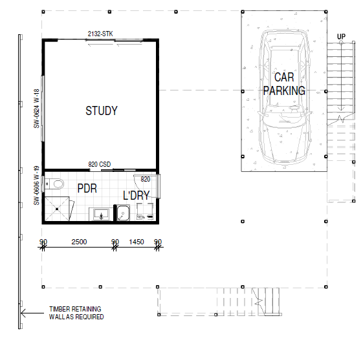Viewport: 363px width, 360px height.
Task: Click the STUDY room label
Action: pyautogui.click(x=102, y=111)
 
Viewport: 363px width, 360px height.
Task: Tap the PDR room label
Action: pyautogui.click(x=87, y=189)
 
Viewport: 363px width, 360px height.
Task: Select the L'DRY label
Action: pyautogui.click(x=136, y=196)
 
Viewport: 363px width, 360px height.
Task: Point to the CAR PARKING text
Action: pyautogui.click(x=284, y=84)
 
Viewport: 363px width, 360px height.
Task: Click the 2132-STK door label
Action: pyautogui.click(x=100, y=34)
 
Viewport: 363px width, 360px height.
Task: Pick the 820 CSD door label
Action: pyautogui.click(x=100, y=164)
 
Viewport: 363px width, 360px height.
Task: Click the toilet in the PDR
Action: pyautogui.click(x=54, y=184)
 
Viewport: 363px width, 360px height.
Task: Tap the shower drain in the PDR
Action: pyautogui.click(x=57, y=209)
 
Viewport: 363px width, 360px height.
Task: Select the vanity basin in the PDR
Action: pyautogui.click(x=101, y=214)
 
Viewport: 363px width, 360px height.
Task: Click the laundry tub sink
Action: pyautogui.click(x=123, y=213)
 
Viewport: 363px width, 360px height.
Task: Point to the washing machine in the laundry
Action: pyautogui.click(x=145, y=211)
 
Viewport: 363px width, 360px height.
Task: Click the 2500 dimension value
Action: pyautogui.click(x=79, y=242)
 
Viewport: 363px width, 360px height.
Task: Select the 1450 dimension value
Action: pyautogui.click(x=137, y=242)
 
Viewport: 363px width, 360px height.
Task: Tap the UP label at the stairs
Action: pyautogui.click(x=341, y=37)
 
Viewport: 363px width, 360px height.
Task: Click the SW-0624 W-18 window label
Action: pyautogui.click(x=37, y=109)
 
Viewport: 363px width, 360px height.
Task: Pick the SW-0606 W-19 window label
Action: pyautogui.click(x=37, y=185)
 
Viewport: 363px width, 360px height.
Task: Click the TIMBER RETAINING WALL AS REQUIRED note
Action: pyautogui.click(x=76, y=313)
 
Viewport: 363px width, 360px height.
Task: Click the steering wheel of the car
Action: pyautogui.click(x=294, y=107)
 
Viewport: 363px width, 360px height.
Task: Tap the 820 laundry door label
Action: pyautogui.click(x=146, y=179)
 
